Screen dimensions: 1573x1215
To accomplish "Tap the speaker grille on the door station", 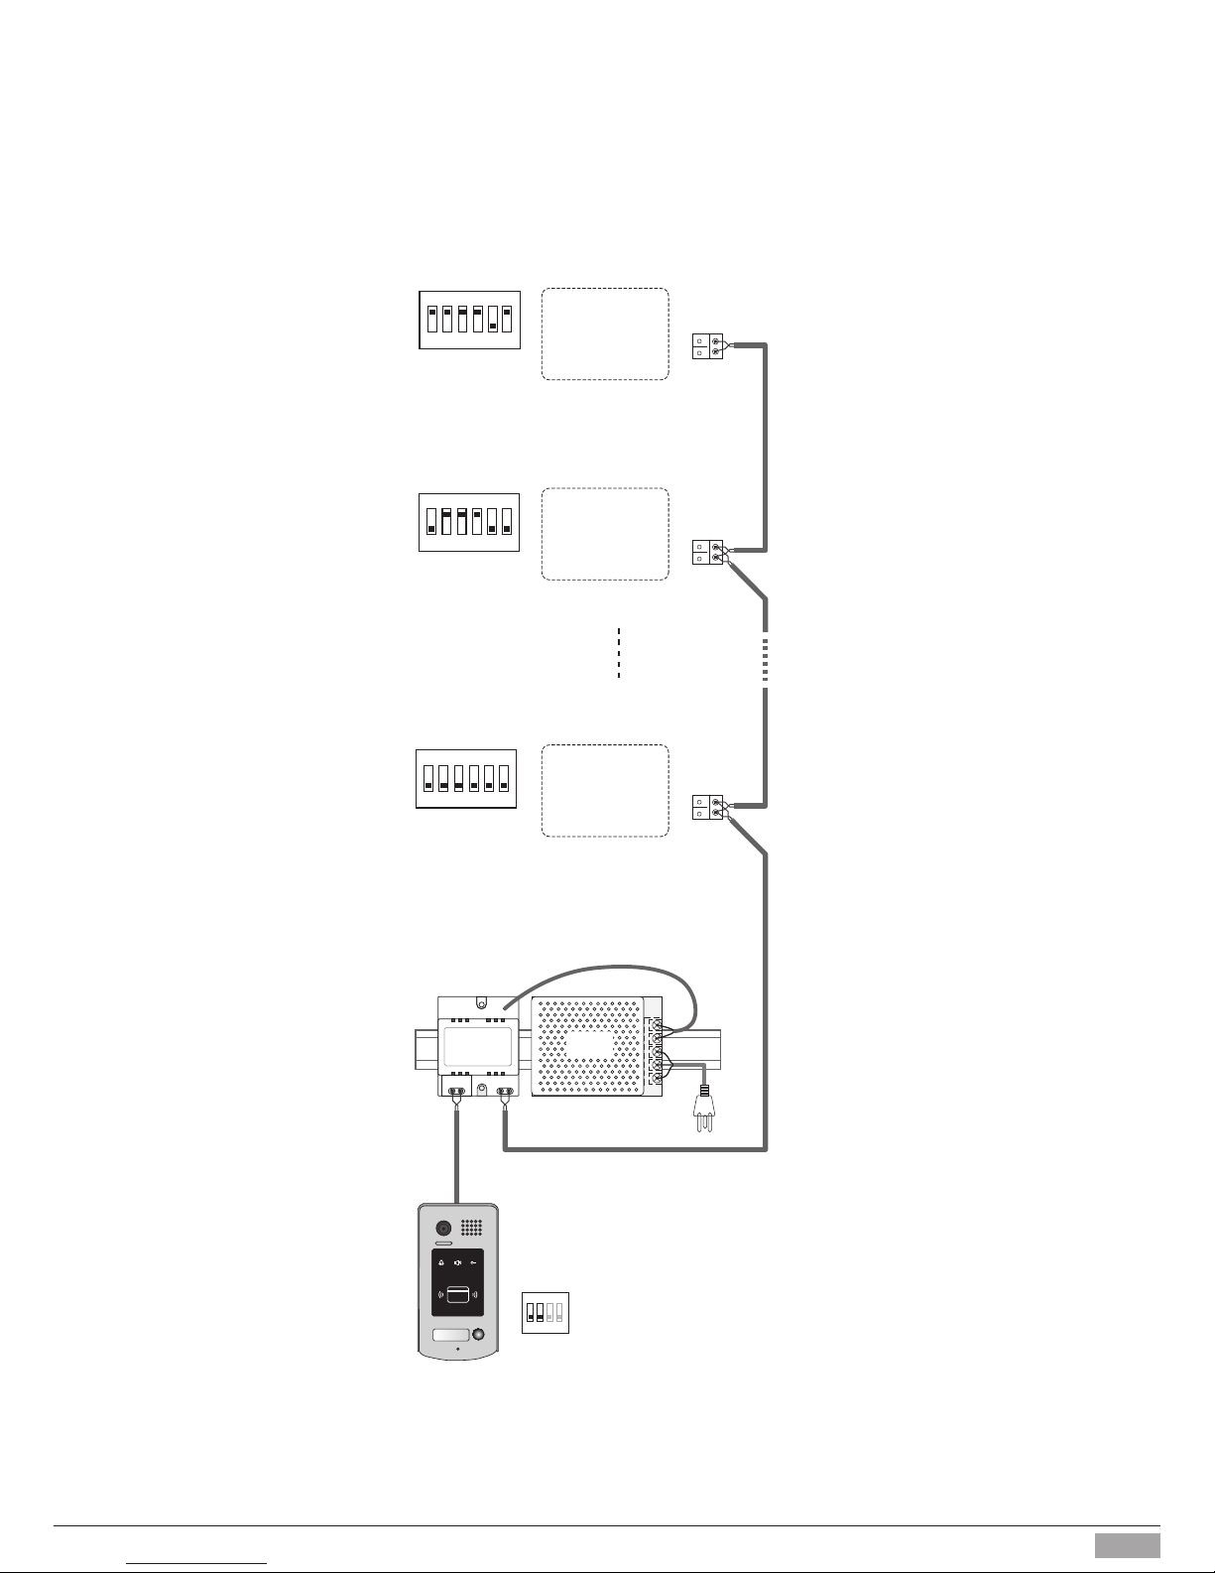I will tap(472, 1228).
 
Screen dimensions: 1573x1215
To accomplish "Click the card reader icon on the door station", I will tap(457, 1294).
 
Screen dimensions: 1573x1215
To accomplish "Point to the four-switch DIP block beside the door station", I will tap(545, 1312).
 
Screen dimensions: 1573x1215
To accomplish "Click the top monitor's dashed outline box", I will tap(605, 334).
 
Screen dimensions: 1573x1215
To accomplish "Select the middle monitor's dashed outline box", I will tap(605, 534).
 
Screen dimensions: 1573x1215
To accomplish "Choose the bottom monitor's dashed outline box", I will tap(605, 791).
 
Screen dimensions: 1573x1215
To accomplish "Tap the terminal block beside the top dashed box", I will tap(708, 346).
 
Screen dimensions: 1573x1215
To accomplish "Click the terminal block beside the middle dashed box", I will tap(708, 553).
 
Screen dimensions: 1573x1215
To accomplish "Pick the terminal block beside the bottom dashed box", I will tap(708, 807).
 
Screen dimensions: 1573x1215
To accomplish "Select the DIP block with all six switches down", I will tap(465, 779).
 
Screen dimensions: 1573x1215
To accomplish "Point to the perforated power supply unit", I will tap(590, 1046).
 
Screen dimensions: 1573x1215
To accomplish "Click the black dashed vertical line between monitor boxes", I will tap(618, 652).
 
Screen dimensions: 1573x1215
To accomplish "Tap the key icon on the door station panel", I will tap(473, 1263).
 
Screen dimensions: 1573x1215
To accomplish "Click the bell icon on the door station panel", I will tap(441, 1263).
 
